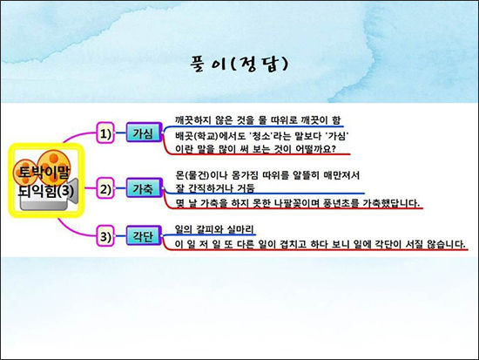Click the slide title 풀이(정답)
click(x=239, y=64)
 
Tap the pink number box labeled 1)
click(x=105, y=133)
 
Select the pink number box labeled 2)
click(x=105, y=188)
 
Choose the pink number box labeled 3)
click(x=105, y=236)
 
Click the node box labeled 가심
click(x=144, y=132)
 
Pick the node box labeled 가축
click(x=144, y=187)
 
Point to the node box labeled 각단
click(x=144, y=235)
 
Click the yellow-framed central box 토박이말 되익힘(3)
click(x=46, y=180)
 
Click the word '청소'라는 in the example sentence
click(x=268, y=135)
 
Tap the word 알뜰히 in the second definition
click(x=306, y=175)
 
